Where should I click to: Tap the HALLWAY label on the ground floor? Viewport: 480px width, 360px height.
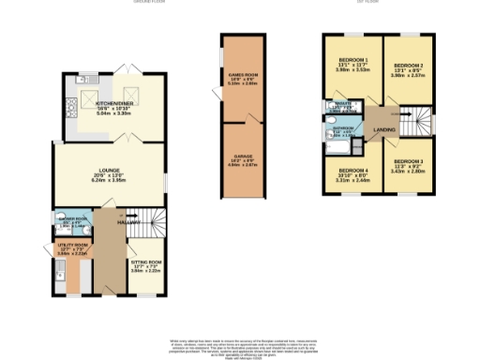pyautogui.click(x=128, y=223)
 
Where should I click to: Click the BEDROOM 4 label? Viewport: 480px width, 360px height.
pyautogui.click(x=352, y=170)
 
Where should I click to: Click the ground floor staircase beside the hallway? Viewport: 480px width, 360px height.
pyautogui.click(x=150, y=225)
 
